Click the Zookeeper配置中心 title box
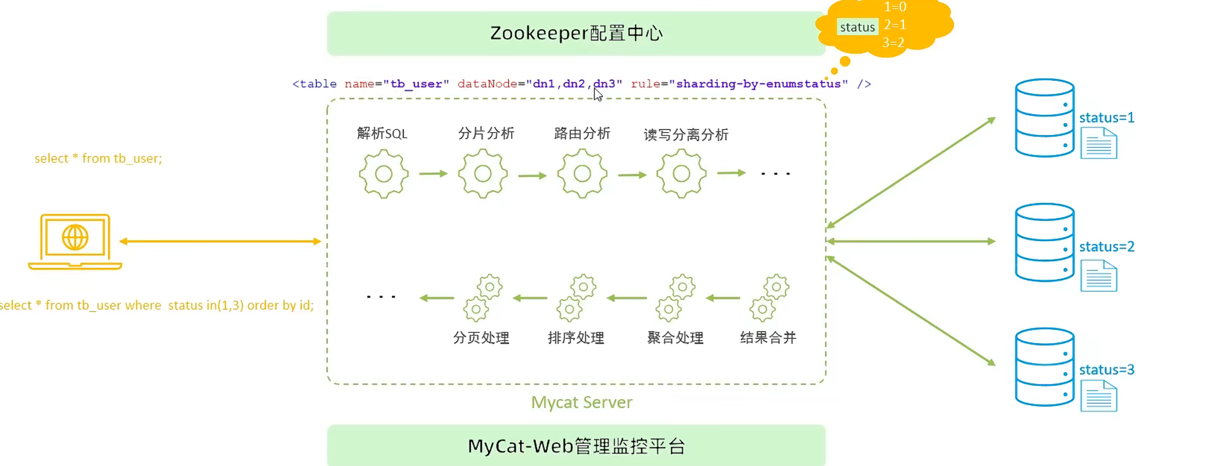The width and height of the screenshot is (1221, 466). point(576,33)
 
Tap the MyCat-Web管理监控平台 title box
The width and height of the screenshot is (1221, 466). point(576,445)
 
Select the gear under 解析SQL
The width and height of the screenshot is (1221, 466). point(384,174)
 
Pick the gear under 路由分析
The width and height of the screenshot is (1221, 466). point(582,174)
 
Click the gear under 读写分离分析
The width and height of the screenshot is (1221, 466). point(681,174)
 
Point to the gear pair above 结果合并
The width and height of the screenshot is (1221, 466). point(769,298)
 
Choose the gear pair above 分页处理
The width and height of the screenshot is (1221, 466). point(482,298)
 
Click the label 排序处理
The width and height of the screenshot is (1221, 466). point(576,338)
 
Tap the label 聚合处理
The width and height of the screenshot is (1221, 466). point(675,338)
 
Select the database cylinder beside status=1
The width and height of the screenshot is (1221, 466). point(1044,118)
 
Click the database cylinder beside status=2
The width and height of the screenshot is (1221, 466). point(1044,242)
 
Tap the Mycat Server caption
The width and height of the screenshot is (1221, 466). point(582,402)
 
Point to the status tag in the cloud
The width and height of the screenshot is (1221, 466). point(857,27)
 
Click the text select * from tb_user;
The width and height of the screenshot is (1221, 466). point(98,158)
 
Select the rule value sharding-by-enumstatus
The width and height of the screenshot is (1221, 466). point(758,84)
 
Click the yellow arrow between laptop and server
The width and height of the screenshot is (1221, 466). point(220,241)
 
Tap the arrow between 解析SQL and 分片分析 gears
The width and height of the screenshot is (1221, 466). point(433,174)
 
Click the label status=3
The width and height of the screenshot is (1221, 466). point(1106,370)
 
